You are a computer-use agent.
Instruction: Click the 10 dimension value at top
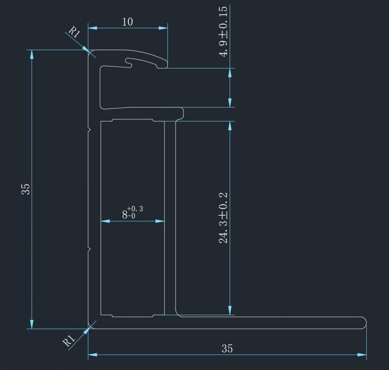127,21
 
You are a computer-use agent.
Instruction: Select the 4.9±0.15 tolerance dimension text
224,32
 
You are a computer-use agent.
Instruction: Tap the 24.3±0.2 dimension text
224,217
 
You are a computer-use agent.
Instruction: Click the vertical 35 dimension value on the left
25,189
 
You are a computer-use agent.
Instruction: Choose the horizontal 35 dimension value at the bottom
227,348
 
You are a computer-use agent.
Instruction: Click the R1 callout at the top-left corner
74,32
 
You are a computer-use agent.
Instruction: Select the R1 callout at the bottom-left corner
69,341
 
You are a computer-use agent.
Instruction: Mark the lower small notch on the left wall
89,248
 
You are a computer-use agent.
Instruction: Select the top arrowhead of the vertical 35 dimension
32,54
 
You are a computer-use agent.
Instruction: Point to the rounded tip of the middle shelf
182,113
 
